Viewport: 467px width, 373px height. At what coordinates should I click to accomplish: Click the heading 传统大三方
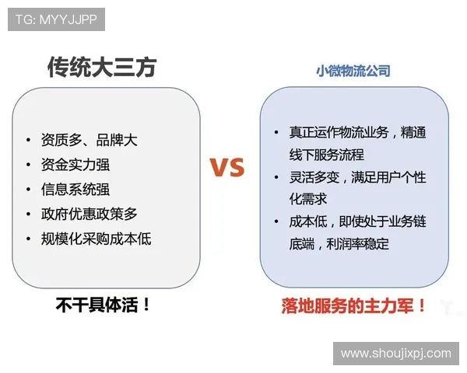coord(102,68)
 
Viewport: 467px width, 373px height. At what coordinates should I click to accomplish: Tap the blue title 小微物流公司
coord(353,71)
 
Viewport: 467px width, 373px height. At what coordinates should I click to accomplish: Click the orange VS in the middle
coord(226,167)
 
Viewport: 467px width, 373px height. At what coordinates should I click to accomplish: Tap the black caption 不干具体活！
coord(103,305)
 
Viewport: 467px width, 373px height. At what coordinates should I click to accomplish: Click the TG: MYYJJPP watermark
coord(56,19)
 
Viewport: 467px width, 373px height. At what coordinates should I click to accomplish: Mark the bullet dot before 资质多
coord(29,141)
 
